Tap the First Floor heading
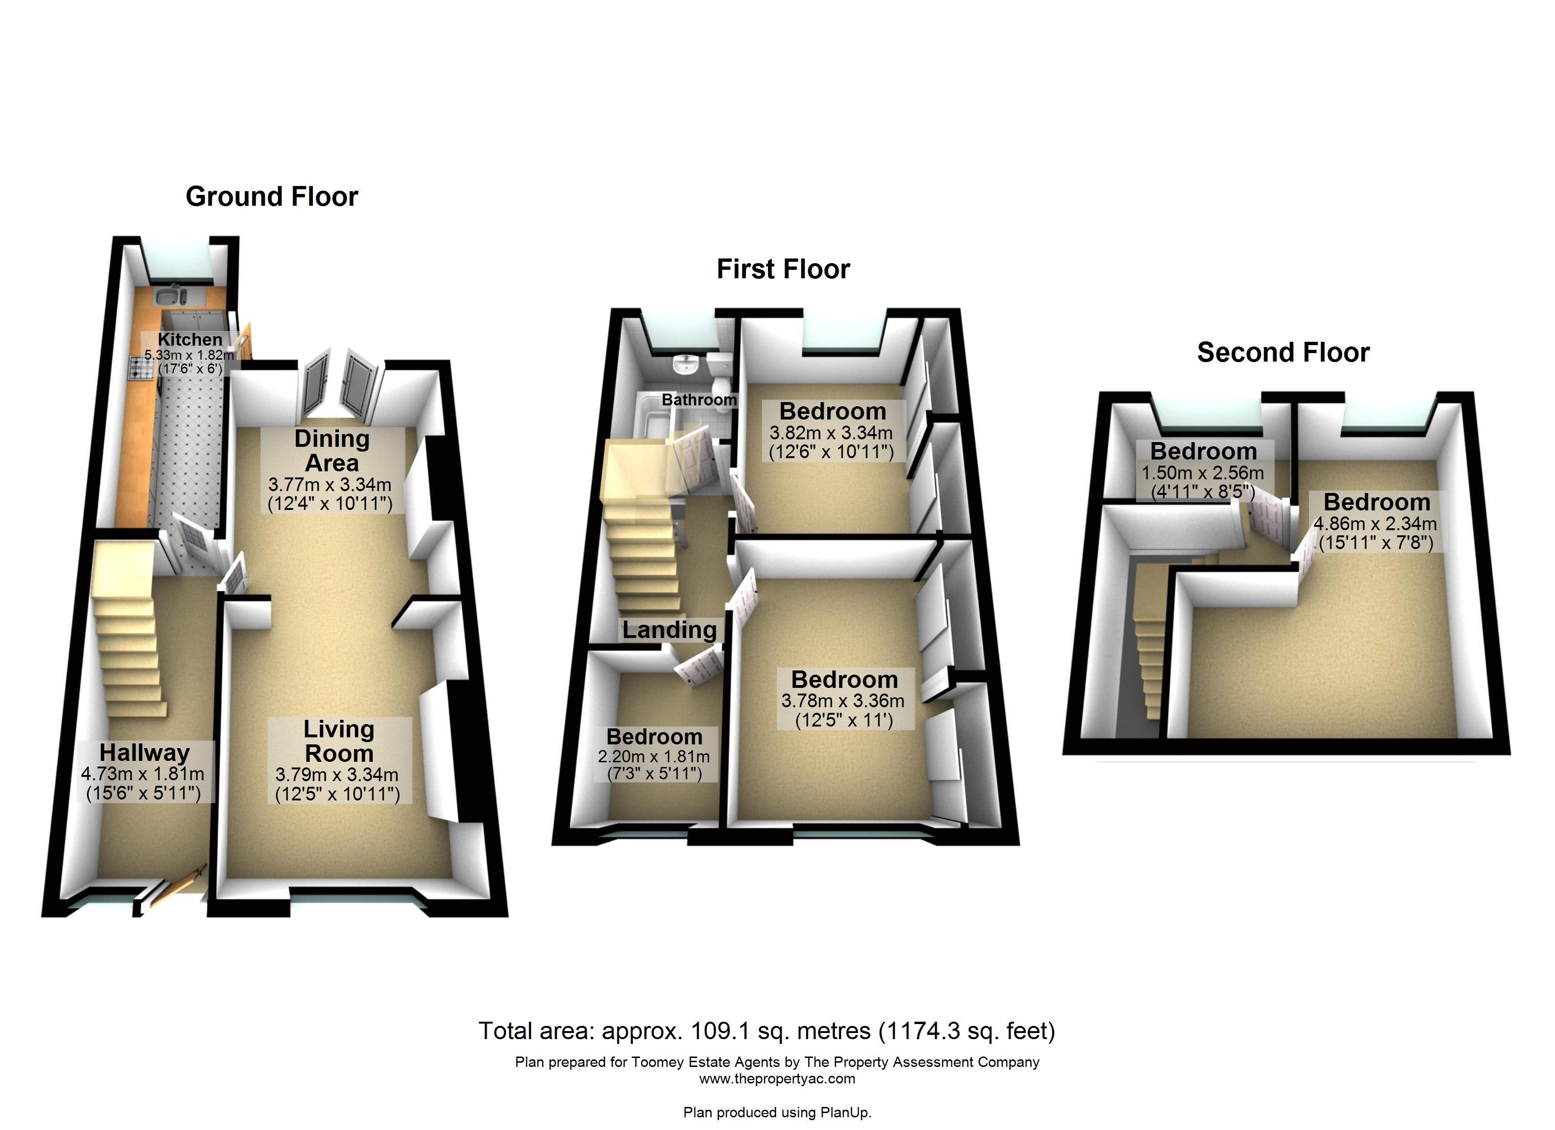[x=783, y=269]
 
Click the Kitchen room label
[x=190, y=339]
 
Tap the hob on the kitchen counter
[x=142, y=369]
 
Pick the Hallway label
[x=144, y=752]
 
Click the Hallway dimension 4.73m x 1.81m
[x=143, y=774]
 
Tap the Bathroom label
[x=699, y=400]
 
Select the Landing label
[x=669, y=630]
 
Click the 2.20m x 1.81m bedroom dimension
[x=654, y=757]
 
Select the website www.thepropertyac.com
[x=777, y=1079]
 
